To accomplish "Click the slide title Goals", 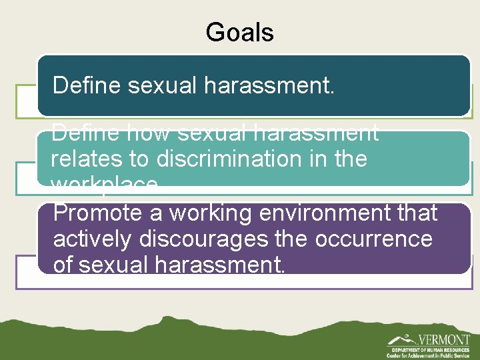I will point(239,32).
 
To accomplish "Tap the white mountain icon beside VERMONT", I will point(400,339).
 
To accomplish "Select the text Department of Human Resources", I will point(430,349).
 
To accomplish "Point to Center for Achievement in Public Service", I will point(430,356).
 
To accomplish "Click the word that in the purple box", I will point(416,213).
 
